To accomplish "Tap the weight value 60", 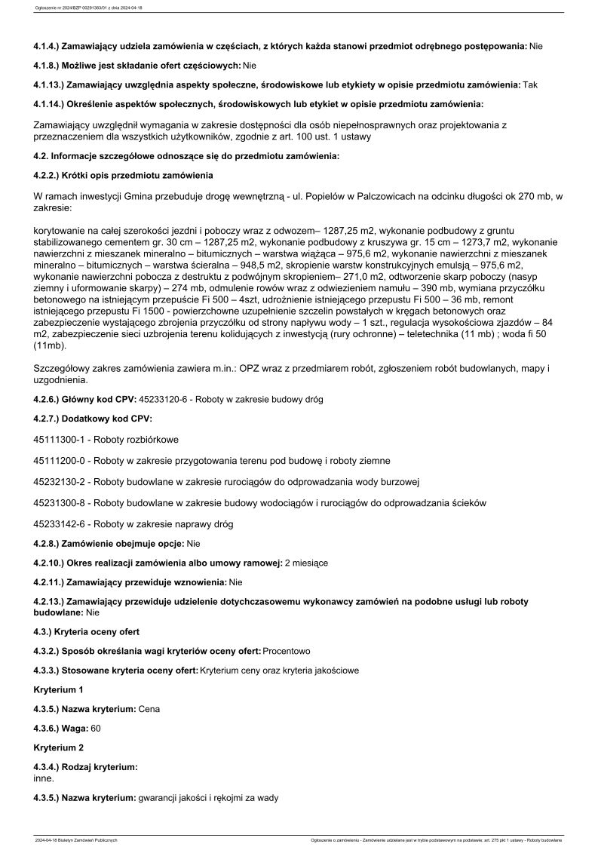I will click(x=96, y=728).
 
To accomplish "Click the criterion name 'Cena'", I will click(x=149, y=709).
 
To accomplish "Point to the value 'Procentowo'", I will click(x=287, y=650).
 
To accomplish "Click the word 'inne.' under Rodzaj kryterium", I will click(x=44, y=778).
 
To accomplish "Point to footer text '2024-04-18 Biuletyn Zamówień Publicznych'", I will click(x=75, y=839).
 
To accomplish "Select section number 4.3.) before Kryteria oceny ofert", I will click(x=44, y=631).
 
